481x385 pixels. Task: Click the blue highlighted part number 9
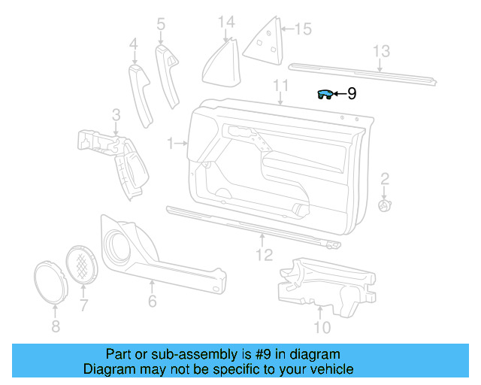(x=325, y=94)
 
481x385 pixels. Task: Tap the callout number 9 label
(x=351, y=94)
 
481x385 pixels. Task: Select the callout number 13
(x=382, y=51)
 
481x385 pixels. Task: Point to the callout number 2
(x=385, y=179)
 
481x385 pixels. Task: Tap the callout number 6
(x=152, y=300)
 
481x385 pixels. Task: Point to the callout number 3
(x=116, y=115)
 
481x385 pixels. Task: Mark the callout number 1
(x=171, y=142)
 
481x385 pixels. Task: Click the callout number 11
(x=281, y=85)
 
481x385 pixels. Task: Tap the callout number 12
(x=263, y=256)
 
